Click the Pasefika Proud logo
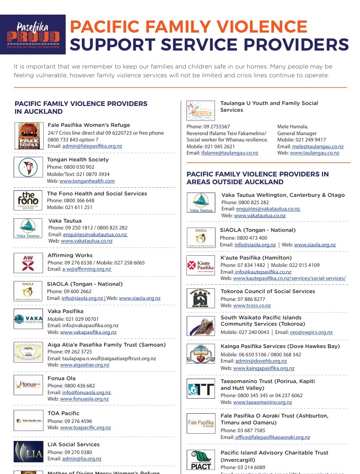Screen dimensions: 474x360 (x=33, y=34)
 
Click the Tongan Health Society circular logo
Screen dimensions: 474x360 (x=28, y=168)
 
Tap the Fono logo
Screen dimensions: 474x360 (x=28, y=200)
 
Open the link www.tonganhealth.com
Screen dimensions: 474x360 (x=87, y=181)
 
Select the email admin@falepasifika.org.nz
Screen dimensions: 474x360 (x=92, y=146)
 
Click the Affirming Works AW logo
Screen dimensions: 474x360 (x=28, y=263)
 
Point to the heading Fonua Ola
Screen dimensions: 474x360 (x=62, y=378)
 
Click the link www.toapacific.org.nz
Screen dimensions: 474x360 (x=86, y=428)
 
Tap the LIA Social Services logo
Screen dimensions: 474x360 (x=28, y=452)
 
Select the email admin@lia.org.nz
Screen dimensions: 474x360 (x=82, y=459)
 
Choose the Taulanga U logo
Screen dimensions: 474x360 (x=200, y=110)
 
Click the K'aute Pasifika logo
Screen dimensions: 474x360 (x=200, y=265)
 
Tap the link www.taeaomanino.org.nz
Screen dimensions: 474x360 (x=263, y=403)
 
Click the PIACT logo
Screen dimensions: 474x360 (x=200, y=459)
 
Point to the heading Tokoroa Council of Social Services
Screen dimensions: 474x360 (x=268, y=292)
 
